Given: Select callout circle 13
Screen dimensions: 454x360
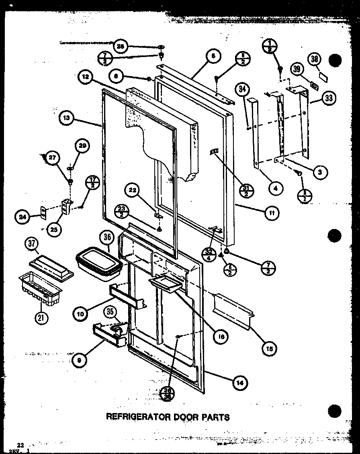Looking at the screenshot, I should click(x=66, y=118).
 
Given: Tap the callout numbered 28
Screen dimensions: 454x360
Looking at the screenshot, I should click(x=121, y=47).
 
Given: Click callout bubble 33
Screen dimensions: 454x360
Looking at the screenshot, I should click(x=329, y=98).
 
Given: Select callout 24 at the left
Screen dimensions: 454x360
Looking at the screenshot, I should click(x=22, y=217).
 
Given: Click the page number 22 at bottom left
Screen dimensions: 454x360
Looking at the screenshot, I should click(x=21, y=445).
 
